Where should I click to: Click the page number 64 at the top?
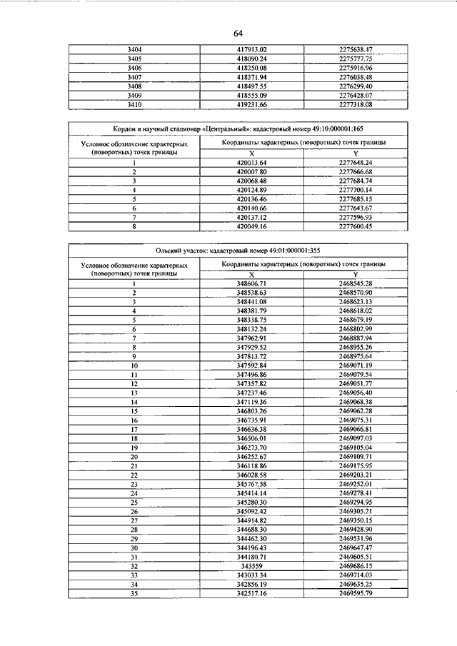click(x=238, y=34)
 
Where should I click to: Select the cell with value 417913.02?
click(x=251, y=49)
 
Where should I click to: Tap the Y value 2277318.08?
click(x=356, y=104)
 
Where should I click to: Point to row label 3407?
click(x=134, y=77)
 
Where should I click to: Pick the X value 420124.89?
click(x=251, y=190)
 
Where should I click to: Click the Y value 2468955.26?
click(x=356, y=346)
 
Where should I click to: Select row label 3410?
click(x=134, y=104)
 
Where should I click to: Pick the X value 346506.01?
click(x=251, y=438)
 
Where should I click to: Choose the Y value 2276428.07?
click(x=356, y=95)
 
